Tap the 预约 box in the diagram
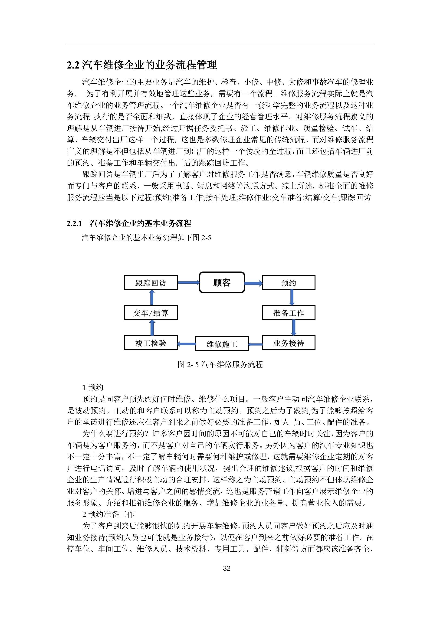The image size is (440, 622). point(288,283)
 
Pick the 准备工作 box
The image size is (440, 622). point(288,313)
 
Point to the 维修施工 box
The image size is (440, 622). point(222,344)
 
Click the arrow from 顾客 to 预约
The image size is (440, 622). point(253,283)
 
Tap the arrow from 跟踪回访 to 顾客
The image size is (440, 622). point(188,283)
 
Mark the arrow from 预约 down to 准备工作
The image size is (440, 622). point(292,298)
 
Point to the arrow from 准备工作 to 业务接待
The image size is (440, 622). point(294,327)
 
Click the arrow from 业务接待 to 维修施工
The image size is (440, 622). point(255,344)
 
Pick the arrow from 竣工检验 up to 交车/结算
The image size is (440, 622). point(152,327)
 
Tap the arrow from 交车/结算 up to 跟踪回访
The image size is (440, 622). point(152,298)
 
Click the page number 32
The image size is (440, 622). point(227,568)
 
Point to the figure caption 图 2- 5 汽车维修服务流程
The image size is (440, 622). point(220,365)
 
